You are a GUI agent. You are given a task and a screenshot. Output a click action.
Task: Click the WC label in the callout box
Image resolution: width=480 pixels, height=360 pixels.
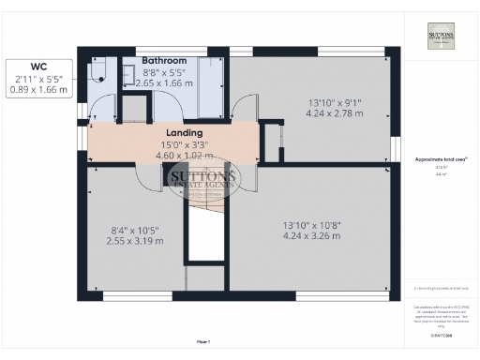point(37,67)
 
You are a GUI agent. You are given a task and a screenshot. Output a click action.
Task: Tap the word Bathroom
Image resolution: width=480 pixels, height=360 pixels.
point(165,60)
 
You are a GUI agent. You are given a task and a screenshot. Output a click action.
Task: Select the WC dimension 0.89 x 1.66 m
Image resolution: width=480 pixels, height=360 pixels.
point(37,90)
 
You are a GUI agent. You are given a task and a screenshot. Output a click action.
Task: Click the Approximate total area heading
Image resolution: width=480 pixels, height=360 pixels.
point(440,160)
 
